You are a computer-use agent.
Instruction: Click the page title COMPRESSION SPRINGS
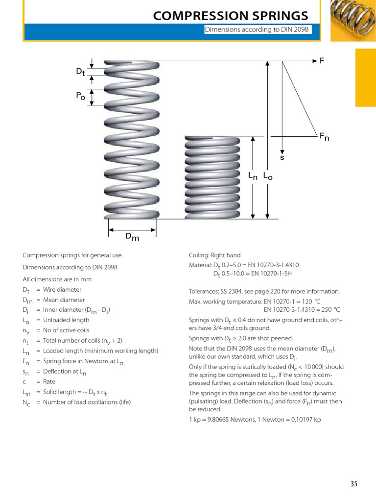tap(231, 16)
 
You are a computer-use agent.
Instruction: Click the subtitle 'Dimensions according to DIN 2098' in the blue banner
tap(257, 30)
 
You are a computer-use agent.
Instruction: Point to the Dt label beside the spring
tap(80, 72)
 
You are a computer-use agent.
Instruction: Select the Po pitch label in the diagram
tap(80, 97)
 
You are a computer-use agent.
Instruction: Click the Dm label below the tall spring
tap(132, 237)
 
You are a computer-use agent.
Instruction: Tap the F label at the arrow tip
tap(322, 61)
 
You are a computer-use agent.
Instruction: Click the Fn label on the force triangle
tap(324, 137)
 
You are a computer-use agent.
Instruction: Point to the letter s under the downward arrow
tap(282, 158)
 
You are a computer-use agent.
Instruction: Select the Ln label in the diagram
tap(253, 176)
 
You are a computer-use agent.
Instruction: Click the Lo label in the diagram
tap(267, 176)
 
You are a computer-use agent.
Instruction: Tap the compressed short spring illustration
tap(212, 177)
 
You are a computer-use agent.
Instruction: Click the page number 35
tap(353, 484)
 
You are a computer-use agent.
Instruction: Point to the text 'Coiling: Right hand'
tap(214, 255)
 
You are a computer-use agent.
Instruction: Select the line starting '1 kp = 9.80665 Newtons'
tap(255, 420)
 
